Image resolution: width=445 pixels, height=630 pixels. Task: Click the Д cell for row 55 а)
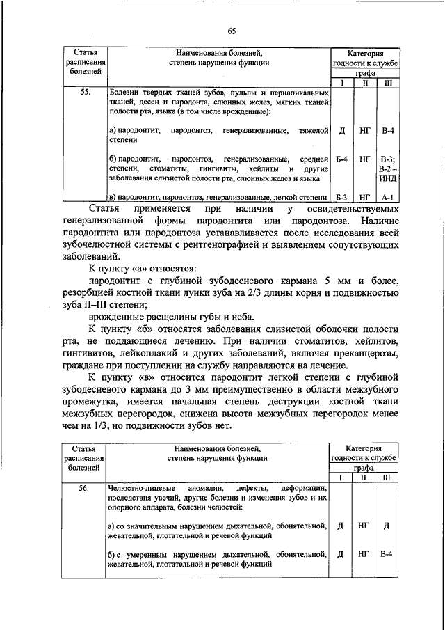[342, 130]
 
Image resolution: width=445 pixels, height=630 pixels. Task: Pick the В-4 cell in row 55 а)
[387, 130]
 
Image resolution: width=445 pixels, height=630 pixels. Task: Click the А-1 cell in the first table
[387, 198]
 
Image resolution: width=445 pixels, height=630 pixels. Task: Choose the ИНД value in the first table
[387, 179]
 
